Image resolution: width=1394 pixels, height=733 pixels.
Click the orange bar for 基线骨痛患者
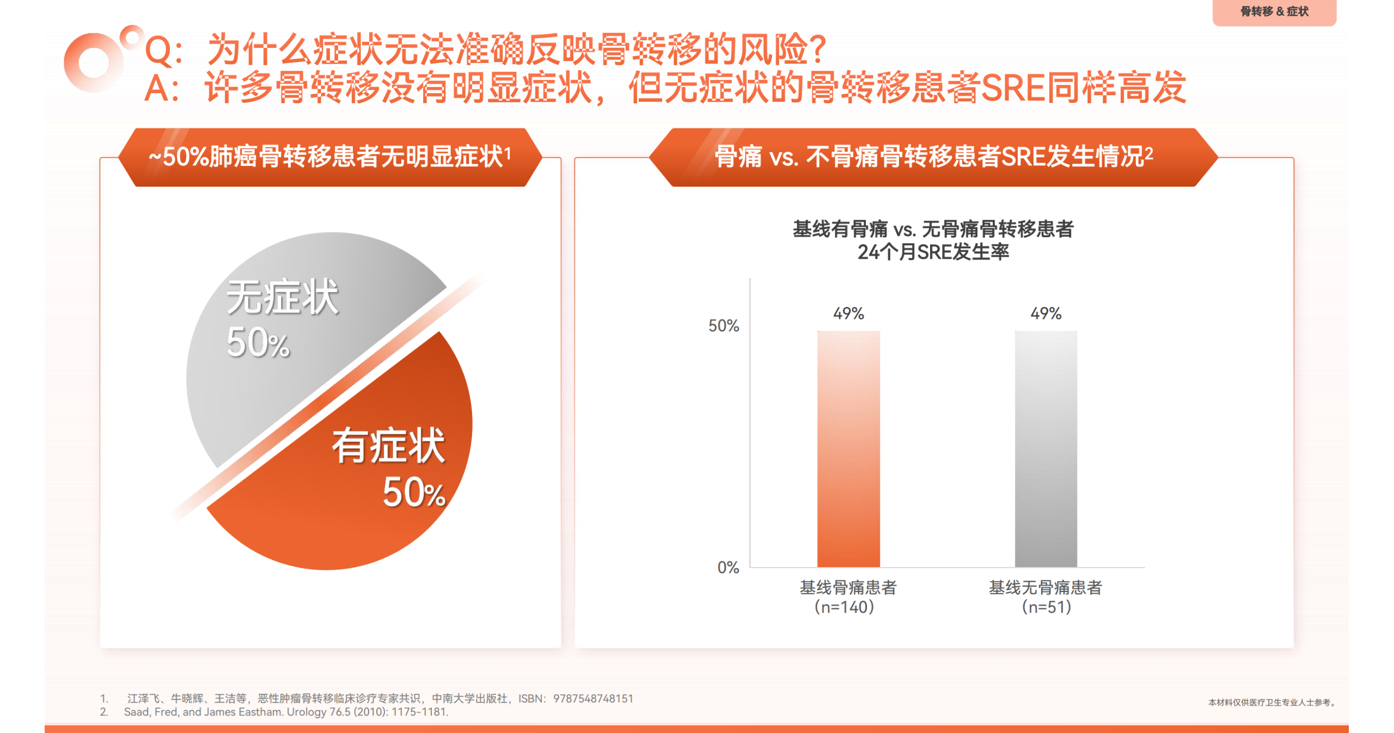click(848, 449)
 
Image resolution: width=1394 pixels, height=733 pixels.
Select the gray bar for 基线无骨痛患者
click(1045, 449)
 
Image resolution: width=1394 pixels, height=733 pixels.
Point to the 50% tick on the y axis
click(723, 326)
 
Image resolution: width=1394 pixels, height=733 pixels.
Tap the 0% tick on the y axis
click(728, 568)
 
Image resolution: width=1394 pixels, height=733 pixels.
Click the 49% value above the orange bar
click(848, 313)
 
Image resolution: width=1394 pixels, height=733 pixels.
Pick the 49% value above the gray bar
click(1045, 313)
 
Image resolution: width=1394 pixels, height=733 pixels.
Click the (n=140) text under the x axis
click(844, 607)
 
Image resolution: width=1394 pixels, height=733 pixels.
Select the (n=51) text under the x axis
click(1046, 607)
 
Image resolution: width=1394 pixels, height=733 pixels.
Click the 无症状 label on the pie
click(282, 298)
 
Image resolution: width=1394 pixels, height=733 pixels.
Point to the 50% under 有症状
click(414, 492)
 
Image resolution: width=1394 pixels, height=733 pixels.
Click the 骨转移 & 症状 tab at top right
click(1274, 11)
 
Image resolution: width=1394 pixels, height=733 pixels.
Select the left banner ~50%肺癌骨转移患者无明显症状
click(330, 157)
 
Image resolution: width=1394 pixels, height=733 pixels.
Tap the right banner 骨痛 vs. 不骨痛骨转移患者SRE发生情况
click(933, 157)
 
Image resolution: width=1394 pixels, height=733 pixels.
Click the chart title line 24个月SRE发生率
click(933, 252)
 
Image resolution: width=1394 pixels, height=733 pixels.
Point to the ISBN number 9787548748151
click(593, 698)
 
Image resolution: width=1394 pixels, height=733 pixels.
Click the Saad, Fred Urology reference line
click(286, 712)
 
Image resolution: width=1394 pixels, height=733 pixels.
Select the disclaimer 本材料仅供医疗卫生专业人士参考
click(1272, 703)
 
